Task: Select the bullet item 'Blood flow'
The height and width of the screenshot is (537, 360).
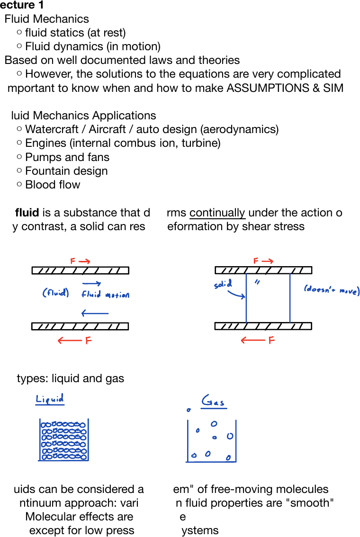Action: click(x=53, y=185)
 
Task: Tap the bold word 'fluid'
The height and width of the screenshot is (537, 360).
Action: click(x=27, y=213)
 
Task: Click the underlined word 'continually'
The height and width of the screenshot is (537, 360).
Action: click(x=217, y=213)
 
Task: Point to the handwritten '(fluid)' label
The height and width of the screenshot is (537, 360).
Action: click(x=55, y=293)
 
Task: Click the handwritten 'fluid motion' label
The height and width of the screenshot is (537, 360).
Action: click(x=105, y=295)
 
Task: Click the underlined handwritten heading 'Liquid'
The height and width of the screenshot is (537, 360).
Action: click(x=50, y=399)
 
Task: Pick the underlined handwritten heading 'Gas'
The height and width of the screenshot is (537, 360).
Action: click(x=213, y=403)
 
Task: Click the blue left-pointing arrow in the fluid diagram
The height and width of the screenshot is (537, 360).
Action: click(x=95, y=313)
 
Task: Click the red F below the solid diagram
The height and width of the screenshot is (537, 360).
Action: click(x=271, y=340)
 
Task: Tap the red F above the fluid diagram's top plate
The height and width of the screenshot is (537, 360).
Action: click(x=73, y=261)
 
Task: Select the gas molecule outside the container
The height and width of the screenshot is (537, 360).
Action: click(x=189, y=410)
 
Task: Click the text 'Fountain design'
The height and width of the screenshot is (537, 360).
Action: click(x=66, y=171)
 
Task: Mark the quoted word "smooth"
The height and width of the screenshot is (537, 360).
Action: click(x=310, y=503)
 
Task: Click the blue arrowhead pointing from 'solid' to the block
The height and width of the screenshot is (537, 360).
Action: click(x=243, y=297)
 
